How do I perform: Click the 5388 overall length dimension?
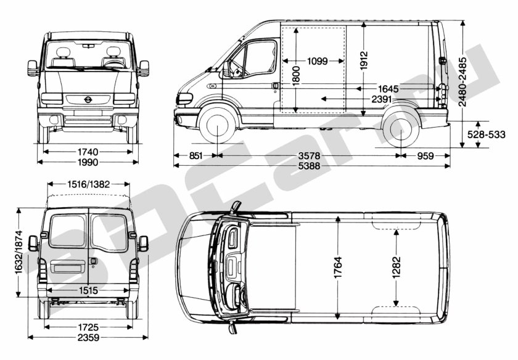tap(309, 166)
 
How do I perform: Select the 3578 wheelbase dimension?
tap(309, 155)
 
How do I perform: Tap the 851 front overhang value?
tap(196, 155)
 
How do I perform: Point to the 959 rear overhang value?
tap(425, 155)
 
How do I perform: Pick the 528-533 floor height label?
tap(487, 134)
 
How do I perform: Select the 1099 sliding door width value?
tap(317, 61)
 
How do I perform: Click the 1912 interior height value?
tap(364, 60)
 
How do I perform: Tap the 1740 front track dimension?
tap(88, 152)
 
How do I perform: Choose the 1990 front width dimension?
tap(88, 162)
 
